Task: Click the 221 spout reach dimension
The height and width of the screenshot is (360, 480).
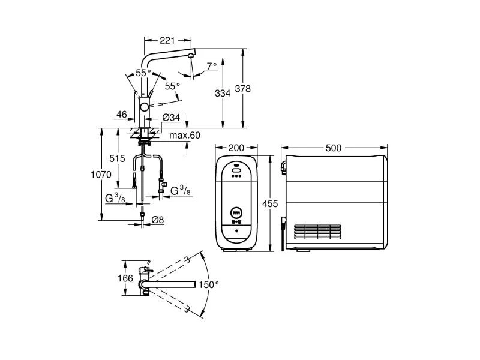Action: coord(167,40)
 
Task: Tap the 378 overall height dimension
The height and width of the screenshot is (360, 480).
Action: coord(242,89)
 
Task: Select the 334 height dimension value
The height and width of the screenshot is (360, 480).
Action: coord(223,93)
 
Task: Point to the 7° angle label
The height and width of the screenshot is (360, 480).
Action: coord(212,66)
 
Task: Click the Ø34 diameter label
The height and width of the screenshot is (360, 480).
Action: coord(171,117)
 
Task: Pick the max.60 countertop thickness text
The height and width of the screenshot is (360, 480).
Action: coord(185,136)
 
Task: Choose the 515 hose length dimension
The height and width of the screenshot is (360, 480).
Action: coord(117,158)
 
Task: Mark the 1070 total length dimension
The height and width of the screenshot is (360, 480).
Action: coord(101,175)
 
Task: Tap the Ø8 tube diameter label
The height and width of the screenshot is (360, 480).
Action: coord(158,220)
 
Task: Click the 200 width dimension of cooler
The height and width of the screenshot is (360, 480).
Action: coord(236,148)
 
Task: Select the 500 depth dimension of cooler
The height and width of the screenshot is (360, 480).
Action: coord(334,148)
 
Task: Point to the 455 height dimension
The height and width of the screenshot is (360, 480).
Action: coord(270,203)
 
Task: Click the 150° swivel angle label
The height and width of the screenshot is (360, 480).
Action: coord(209,284)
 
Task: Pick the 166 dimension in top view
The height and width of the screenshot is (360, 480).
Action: coord(125,278)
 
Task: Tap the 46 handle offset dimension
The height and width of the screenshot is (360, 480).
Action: coord(122,115)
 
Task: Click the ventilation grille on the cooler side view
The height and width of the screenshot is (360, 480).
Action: coord(317,232)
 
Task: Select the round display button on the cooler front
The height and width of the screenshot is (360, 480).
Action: coord(236,212)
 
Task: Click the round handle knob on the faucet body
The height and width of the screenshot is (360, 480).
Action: coord(144,107)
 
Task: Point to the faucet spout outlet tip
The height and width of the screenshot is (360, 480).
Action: coord(191,56)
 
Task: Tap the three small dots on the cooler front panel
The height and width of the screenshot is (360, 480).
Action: coord(236,176)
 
